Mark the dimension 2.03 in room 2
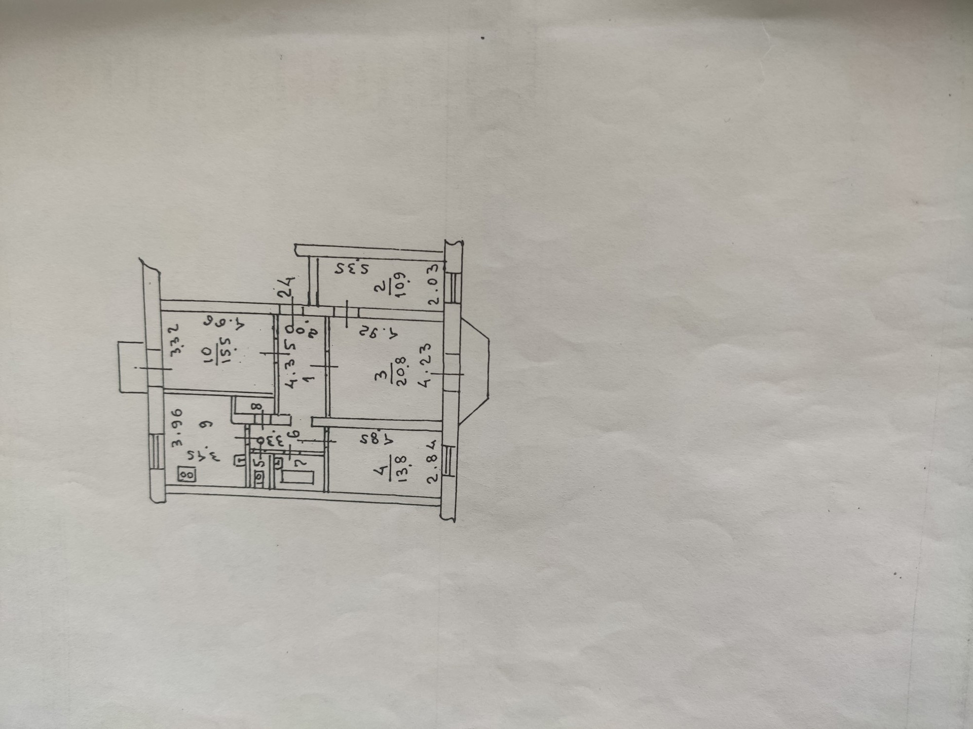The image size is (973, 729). pos(433,283)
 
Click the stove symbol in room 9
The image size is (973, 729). pos(188,475)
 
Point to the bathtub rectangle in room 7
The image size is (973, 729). pos(298,477)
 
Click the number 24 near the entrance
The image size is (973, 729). pos(287,286)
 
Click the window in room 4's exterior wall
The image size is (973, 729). pos(447,460)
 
